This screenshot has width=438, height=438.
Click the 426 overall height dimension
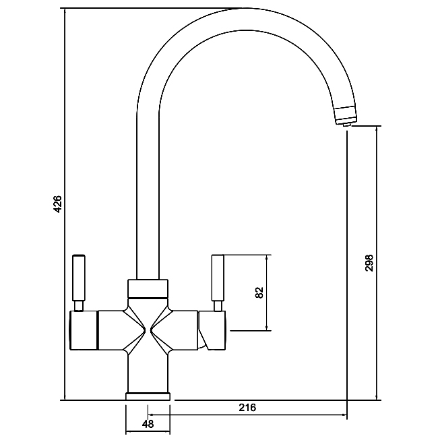[x=57, y=204]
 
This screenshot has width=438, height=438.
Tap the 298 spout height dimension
[x=369, y=263]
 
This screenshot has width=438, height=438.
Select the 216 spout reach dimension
[x=247, y=408]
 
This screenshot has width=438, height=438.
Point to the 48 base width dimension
[x=148, y=424]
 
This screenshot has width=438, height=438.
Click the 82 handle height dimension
[x=259, y=292]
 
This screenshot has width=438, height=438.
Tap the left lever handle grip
[x=79, y=278]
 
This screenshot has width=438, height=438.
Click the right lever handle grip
[x=218, y=278]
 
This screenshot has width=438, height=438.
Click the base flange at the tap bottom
[x=148, y=396]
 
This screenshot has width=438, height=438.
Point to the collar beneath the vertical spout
[x=148, y=288]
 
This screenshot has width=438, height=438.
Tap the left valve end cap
[x=84, y=330]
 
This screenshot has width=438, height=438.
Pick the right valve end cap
[x=212, y=330]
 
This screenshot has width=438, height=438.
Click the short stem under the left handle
[x=79, y=306]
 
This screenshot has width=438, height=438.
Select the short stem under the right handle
[x=218, y=306]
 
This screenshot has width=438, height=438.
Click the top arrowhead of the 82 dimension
[x=267, y=257]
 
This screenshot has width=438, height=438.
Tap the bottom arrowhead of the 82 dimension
[x=267, y=327]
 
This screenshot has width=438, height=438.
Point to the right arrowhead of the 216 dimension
[x=344, y=415]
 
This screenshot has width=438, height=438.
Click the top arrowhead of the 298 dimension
[x=377, y=129]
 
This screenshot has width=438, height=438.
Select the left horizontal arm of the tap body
[x=112, y=330]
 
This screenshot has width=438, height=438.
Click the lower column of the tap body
[x=148, y=373]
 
